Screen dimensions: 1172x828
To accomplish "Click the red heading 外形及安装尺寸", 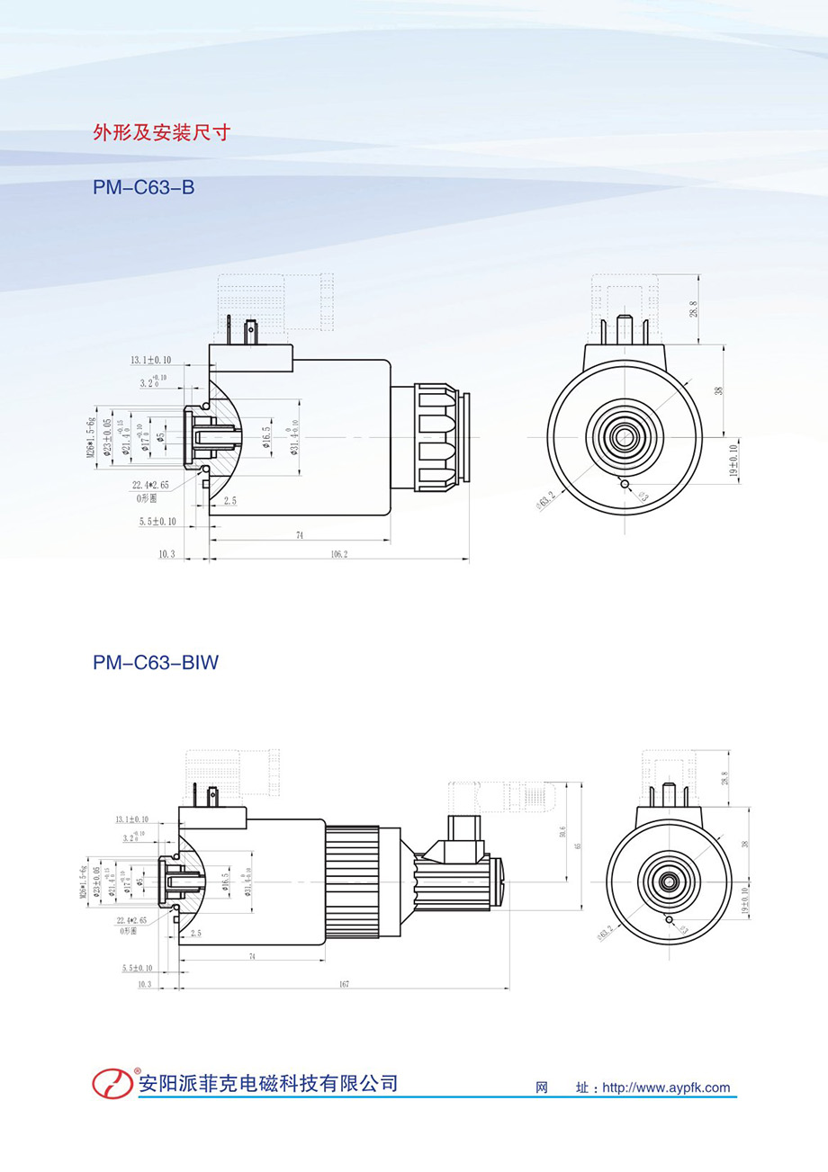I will [x=162, y=133].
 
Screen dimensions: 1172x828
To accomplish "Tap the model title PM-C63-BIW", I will [x=156, y=663].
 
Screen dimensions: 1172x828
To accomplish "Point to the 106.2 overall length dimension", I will [x=338, y=554].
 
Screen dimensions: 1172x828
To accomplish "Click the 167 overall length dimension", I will [x=344, y=984].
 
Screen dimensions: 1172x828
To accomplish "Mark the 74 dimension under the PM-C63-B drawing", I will [x=299, y=535].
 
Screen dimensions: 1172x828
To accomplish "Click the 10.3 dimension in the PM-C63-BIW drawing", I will [x=144, y=985].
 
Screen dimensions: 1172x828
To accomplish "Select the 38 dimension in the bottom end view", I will [x=744, y=844].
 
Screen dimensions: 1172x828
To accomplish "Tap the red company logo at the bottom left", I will [x=112, y=1082].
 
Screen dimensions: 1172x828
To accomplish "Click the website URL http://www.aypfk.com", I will [x=666, y=1087].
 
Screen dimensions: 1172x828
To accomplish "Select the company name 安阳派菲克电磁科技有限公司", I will [x=267, y=1082].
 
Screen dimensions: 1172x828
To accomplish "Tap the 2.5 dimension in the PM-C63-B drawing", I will [x=230, y=501].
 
